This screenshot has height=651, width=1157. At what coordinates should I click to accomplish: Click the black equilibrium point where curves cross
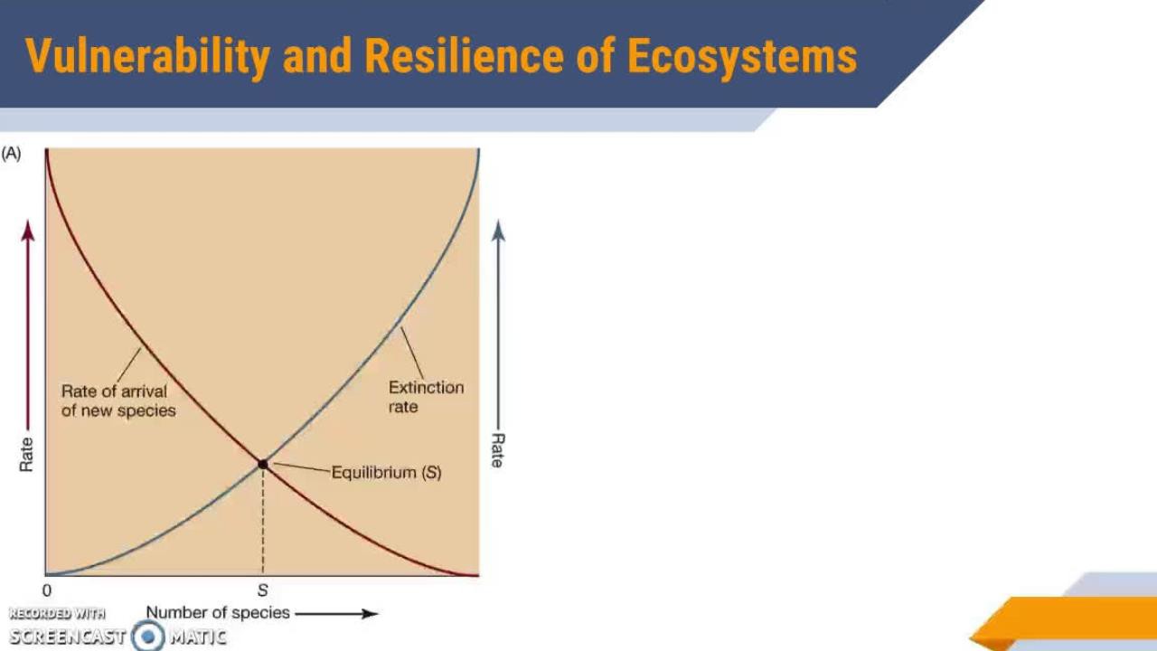(x=263, y=465)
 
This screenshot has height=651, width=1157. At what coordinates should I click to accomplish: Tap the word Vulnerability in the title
(x=147, y=57)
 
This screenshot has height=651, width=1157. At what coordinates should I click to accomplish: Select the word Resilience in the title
(x=464, y=56)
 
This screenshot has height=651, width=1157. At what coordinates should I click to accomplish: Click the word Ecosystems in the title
(x=742, y=57)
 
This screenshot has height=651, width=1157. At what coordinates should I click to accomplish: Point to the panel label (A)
(x=11, y=154)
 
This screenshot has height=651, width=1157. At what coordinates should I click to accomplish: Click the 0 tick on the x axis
(x=47, y=590)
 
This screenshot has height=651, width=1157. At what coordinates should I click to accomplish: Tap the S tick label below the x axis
(x=262, y=590)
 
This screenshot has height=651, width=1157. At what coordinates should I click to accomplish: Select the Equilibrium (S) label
(x=386, y=472)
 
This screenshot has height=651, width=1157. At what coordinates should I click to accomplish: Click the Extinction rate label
(x=426, y=397)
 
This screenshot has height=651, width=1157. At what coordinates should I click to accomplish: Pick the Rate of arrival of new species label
(x=118, y=401)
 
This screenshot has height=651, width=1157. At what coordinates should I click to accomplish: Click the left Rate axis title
(x=26, y=455)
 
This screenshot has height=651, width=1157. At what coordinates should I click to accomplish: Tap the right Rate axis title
(x=497, y=450)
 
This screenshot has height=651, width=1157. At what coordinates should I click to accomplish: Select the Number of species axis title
(x=218, y=612)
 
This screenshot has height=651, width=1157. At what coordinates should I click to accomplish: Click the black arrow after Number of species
(x=337, y=614)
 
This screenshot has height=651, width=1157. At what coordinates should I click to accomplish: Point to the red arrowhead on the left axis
(x=28, y=231)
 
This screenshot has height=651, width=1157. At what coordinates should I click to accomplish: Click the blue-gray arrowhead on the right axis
(x=498, y=231)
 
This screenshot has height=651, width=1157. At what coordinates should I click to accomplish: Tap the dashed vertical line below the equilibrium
(x=263, y=522)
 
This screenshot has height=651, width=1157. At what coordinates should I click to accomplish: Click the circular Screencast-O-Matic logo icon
(x=147, y=636)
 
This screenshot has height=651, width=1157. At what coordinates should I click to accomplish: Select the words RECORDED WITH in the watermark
(x=57, y=614)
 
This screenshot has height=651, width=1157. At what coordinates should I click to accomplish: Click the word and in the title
(x=317, y=56)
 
